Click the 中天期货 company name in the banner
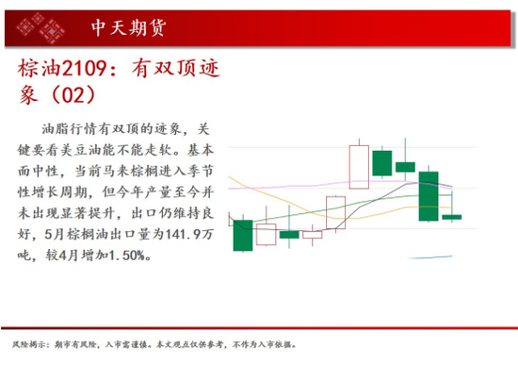(128, 27)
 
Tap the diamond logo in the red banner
(40, 27)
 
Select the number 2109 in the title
(84, 69)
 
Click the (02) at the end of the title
(73, 94)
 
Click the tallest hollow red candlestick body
(359, 167)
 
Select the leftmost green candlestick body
(243, 235)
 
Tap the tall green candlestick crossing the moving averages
(429, 196)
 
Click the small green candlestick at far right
(451, 217)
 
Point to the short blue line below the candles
(430, 257)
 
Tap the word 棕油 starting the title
(40, 69)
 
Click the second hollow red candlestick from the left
(312, 235)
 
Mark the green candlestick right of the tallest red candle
(382, 163)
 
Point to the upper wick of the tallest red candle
(359, 141)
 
